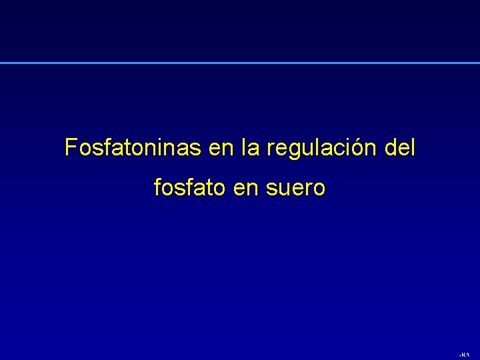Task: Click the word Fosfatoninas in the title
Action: [x=133, y=147]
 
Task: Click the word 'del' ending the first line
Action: [x=401, y=147]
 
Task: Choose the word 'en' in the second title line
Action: [x=245, y=189]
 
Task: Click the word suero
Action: [x=295, y=189]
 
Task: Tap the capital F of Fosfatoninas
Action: [x=71, y=147]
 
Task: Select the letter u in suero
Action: [x=284, y=189]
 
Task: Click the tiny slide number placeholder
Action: [x=465, y=355]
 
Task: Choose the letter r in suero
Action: [x=308, y=189]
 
